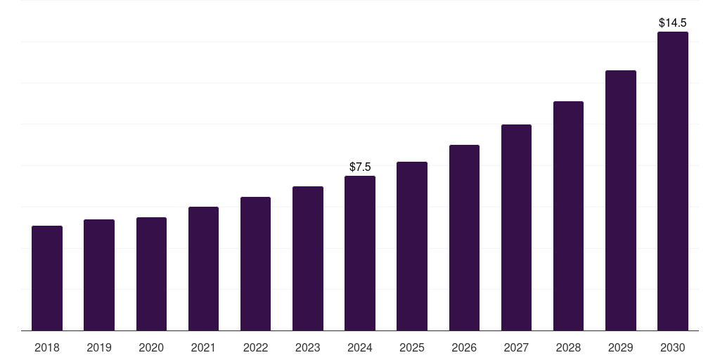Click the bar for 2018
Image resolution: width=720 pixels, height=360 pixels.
pyautogui.click(x=47, y=278)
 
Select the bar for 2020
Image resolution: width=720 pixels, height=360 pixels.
pyautogui.click(x=151, y=274)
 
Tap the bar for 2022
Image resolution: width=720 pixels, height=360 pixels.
pyautogui.click(x=255, y=264)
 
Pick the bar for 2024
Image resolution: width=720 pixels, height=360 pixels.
pyautogui.click(x=360, y=253)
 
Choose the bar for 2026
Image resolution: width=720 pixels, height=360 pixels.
pyautogui.click(x=464, y=238)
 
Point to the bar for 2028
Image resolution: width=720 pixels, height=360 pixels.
pyautogui.click(x=568, y=216)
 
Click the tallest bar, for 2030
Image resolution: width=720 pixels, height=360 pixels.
pyautogui.click(x=672, y=181)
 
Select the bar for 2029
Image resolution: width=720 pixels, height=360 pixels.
pyautogui.click(x=620, y=200)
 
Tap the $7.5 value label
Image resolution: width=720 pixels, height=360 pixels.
pyautogui.click(x=360, y=167)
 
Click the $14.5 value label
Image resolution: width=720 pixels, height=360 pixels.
pyautogui.click(x=672, y=22)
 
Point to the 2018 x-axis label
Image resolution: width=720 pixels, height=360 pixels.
pyautogui.click(x=47, y=347)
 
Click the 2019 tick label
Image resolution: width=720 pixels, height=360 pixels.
pyautogui.click(x=99, y=347)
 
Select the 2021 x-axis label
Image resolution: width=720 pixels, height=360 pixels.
pyautogui.click(x=203, y=347)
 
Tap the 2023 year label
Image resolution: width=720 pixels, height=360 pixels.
pyautogui.click(x=307, y=347)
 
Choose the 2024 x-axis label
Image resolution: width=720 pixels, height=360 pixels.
pyautogui.click(x=360, y=347)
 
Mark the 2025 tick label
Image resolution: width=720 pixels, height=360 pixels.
pyautogui.click(x=412, y=347)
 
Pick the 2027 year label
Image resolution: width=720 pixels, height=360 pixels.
pyautogui.click(x=516, y=347)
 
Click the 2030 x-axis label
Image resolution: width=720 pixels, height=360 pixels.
pyautogui.click(x=672, y=347)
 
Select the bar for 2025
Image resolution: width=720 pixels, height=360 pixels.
pyautogui.click(x=412, y=246)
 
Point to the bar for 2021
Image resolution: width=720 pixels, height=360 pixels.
pyautogui.click(x=203, y=269)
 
